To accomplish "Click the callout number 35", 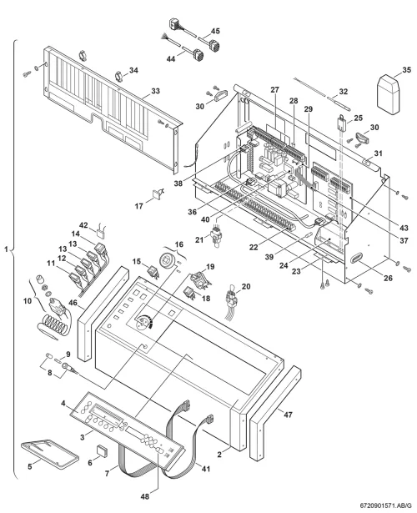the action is (406, 70).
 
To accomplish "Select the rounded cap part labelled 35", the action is (389, 95).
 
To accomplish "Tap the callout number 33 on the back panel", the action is (155, 91).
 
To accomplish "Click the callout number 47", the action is (287, 415).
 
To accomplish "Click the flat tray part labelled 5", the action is (50, 452).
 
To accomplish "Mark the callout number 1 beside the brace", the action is (6, 249).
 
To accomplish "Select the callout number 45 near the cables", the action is (215, 31).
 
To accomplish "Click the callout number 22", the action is (254, 248).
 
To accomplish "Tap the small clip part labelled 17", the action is (158, 194).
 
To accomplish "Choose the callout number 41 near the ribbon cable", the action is (205, 469).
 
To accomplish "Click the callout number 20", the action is (246, 286).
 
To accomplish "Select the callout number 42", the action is (83, 225).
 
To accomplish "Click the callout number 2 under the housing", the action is (219, 454).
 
